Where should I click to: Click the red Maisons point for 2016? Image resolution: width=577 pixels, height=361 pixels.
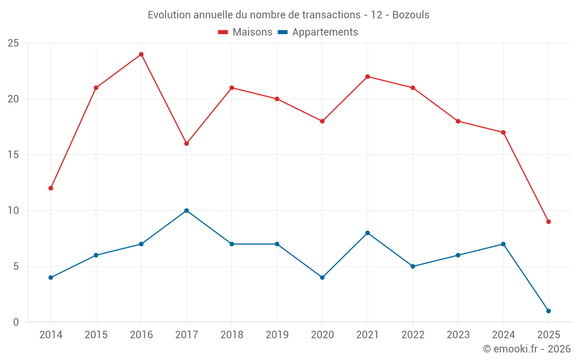pyautogui.click(x=141, y=54)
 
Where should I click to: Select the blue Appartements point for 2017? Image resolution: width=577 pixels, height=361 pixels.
pyautogui.click(x=186, y=210)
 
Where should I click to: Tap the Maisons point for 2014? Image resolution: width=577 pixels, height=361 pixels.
pyautogui.click(x=51, y=188)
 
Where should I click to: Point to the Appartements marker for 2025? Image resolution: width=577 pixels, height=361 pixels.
pyautogui.click(x=548, y=311)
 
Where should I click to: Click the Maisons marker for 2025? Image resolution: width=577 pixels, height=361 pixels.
pyautogui.click(x=548, y=222)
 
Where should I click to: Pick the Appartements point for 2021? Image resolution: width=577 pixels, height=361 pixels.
pyautogui.click(x=368, y=233)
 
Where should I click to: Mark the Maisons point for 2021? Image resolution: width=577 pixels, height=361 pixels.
pyautogui.click(x=368, y=77)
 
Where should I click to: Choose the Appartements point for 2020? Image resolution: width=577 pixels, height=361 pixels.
pyautogui.click(x=322, y=277)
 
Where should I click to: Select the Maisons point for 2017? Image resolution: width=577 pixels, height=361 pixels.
pyautogui.click(x=186, y=143)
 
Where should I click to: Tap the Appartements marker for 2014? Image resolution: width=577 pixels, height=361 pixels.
pyautogui.click(x=51, y=277)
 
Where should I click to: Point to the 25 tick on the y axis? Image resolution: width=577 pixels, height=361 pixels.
pyautogui.click(x=13, y=43)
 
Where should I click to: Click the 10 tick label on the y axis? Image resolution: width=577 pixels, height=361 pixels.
pyautogui.click(x=13, y=210)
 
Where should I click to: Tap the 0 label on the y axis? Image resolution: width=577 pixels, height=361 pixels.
pyautogui.click(x=16, y=322)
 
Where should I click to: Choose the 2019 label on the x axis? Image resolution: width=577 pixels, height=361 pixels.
pyautogui.click(x=277, y=335)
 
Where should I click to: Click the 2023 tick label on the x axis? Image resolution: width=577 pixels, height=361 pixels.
pyautogui.click(x=458, y=335)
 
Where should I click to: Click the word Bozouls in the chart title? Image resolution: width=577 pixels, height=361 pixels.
pyautogui.click(x=411, y=15)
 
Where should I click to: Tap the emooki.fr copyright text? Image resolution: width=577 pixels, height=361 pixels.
pyautogui.click(x=527, y=349)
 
